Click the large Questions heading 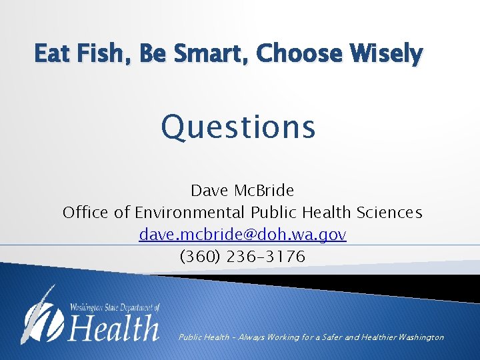[238, 127]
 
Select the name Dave [209, 191]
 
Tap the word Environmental [191, 213]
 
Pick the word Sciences [389, 213]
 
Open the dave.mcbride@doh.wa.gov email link [243, 235]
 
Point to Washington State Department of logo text [115, 308]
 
